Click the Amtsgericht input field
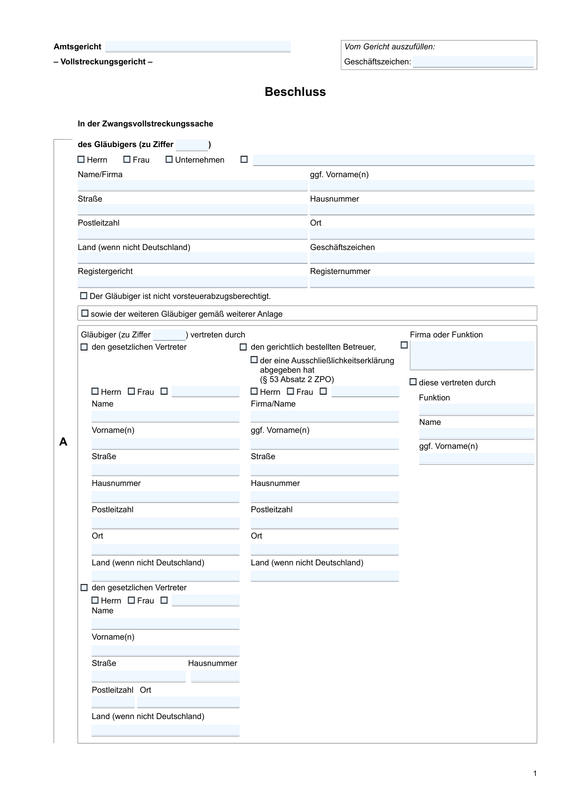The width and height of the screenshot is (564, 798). click(198, 47)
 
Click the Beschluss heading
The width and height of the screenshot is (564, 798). click(295, 92)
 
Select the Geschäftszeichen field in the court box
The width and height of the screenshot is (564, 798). click(473, 62)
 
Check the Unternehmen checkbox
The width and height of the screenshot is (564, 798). click(169, 160)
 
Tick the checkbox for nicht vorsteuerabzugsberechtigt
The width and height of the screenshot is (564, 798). click(84, 296)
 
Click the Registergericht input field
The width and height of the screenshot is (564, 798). click(192, 282)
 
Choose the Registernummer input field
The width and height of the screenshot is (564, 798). click(422, 282)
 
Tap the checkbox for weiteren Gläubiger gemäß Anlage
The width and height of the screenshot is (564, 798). click(85, 313)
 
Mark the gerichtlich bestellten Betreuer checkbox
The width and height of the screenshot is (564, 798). click(243, 347)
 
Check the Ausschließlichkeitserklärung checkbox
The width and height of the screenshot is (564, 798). click(254, 360)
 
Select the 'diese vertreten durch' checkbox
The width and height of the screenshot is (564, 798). click(413, 382)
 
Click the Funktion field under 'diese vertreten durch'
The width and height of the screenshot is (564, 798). click(476, 409)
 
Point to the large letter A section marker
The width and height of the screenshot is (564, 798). click(63, 442)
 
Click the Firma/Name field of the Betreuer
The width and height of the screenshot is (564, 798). click(324, 416)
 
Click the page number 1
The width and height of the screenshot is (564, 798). click(535, 774)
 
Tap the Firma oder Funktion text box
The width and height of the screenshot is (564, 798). click(472, 355)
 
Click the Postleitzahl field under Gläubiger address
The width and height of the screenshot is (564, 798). click(192, 234)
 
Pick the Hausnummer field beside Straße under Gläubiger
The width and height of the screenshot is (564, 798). click(422, 210)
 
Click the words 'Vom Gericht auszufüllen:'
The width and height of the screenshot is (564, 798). click(390, 47)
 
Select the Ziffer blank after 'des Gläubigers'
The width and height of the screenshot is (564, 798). click(192, 145)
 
